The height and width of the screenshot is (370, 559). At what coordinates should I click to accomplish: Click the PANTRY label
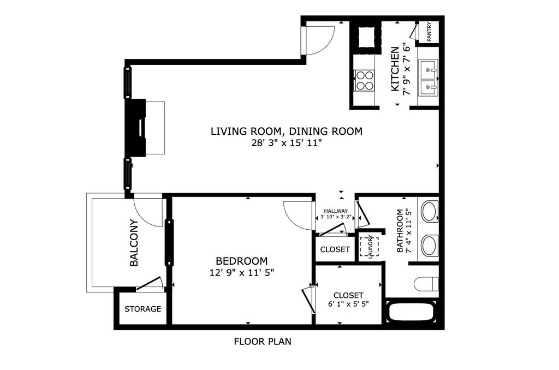429,32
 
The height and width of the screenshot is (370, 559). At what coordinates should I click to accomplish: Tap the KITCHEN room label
395,69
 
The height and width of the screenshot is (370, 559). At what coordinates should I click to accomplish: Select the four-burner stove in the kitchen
365,80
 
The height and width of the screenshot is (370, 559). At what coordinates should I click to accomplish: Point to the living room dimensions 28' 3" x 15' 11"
287,144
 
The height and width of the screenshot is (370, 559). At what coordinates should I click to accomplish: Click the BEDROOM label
242,261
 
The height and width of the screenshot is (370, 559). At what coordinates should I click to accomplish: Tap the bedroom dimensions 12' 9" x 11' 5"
242,273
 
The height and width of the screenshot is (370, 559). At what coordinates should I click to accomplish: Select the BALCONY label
134,243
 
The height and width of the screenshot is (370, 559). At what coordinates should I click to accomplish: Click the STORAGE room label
142,309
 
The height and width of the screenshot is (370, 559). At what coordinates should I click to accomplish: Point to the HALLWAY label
336,211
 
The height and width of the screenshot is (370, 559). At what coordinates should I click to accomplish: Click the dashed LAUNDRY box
369,246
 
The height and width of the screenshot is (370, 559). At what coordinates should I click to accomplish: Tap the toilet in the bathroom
426,284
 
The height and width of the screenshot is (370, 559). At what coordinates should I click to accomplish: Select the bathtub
411,312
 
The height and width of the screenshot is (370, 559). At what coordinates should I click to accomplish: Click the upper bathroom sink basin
430,211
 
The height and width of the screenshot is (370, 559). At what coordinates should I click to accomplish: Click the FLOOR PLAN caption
263,342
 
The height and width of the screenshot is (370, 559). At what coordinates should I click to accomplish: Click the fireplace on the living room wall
135,128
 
